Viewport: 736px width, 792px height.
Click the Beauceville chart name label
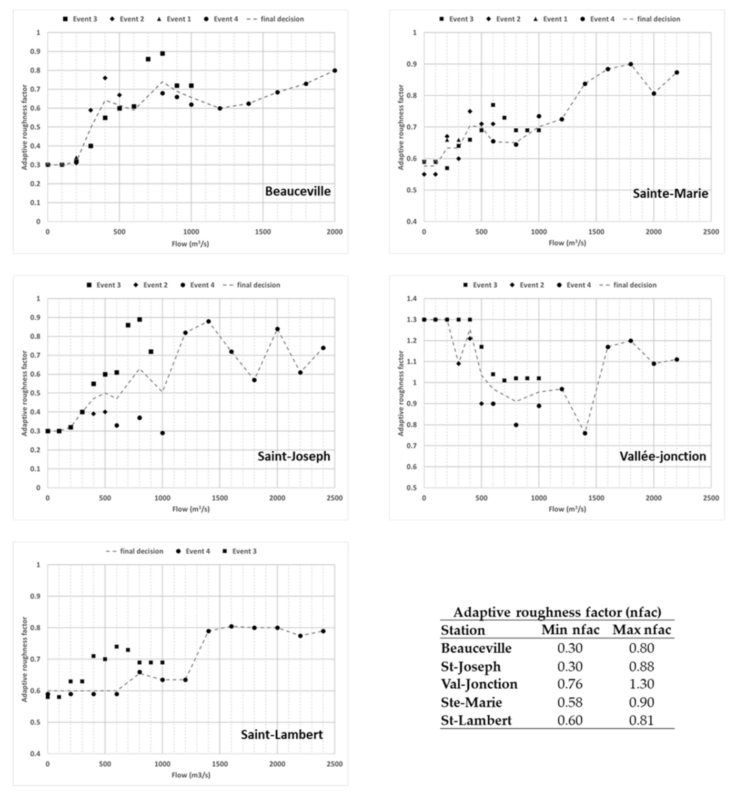pos(298,191)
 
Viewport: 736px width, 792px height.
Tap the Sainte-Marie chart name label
pos(670,194)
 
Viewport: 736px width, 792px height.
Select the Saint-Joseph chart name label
pos(294,456)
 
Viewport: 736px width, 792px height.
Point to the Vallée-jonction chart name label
pos(662,456)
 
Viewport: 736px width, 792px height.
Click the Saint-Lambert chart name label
pos(281,734)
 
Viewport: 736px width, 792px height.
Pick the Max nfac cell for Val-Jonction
pos(641,684)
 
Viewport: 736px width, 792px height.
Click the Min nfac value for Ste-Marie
pos(570,702)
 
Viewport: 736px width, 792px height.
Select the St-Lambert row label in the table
pos(476,720)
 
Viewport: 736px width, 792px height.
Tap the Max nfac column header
pos(642,629)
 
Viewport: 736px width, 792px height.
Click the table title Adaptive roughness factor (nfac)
pos(557,612)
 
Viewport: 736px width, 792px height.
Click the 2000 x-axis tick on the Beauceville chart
pos(335,232)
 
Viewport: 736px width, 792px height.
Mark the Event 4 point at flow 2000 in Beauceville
pos(335,70)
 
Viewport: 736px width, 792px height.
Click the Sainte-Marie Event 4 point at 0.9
pos(630,64)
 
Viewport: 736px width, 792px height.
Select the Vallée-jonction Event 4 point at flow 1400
pos(584,433)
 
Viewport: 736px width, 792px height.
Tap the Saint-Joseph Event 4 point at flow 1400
pos(208,321)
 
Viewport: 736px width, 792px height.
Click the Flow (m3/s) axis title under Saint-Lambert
pos(190,775)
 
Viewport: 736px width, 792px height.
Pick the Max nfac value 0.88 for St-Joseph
pos(641,666)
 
